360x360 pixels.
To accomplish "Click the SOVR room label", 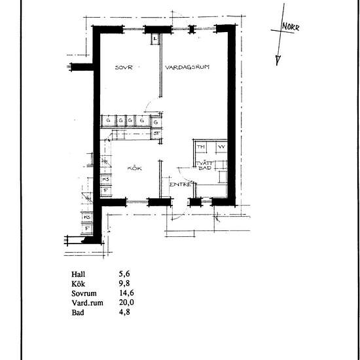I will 124,67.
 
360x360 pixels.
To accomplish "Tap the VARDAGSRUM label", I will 187,67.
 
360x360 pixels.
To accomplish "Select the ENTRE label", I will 179,185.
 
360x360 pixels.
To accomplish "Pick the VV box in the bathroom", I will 221,147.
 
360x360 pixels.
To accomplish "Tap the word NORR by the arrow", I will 291,28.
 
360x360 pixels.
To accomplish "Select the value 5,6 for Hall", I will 120,276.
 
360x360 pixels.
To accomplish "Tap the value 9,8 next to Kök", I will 120,285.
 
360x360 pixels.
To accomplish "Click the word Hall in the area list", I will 79,276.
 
